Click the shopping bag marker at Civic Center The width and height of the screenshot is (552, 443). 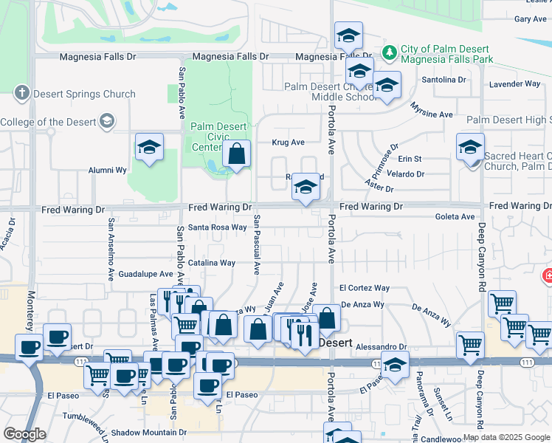tap(236, 155)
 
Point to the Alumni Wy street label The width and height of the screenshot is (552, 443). tap(108, 169)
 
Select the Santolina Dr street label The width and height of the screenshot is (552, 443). tap(443, 79)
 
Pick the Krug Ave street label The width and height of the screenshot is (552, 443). tap(288, 142)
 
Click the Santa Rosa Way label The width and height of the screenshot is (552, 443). tap(217, 227)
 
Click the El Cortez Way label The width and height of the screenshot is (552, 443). tap(364, 288)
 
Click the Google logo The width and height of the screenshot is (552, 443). tap(24, 434)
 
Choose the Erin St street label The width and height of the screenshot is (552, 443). tap(410, 159)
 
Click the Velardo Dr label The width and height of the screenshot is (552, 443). tap(406, 174)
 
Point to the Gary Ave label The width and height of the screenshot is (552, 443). tap(529, 19)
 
